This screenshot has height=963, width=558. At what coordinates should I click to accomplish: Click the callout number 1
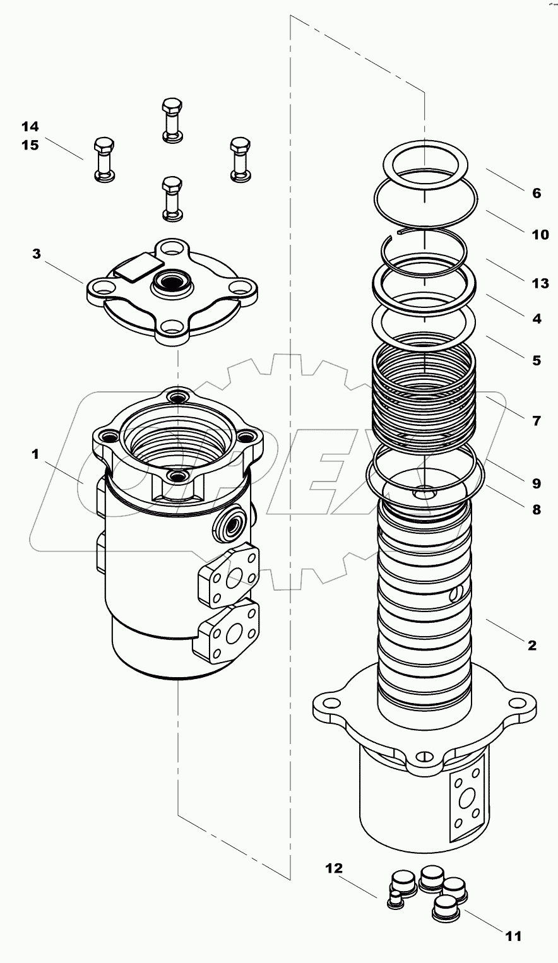[x=36, y=454]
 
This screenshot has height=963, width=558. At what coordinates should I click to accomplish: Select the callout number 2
[x=531, y=645]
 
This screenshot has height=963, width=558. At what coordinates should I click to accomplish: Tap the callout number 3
[x=37, y=254]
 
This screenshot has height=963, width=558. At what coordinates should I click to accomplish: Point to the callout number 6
[x=536, y=193]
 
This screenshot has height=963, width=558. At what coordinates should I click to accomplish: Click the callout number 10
[x=540, y=235]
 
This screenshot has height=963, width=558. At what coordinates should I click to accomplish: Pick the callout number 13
[x=540, y=283]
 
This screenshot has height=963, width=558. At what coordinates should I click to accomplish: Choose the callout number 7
[x=536, y=420]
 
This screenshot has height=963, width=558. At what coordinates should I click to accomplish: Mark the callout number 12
[x=334, y=868]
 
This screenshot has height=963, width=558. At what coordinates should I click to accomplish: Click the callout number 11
[x=514, y=936]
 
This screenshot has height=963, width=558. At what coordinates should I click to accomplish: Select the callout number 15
[x=30, y=145]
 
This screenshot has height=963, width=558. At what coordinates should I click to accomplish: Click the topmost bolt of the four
[x=172, y=120]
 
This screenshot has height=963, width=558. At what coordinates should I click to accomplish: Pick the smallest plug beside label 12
[x=395, y=901]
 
